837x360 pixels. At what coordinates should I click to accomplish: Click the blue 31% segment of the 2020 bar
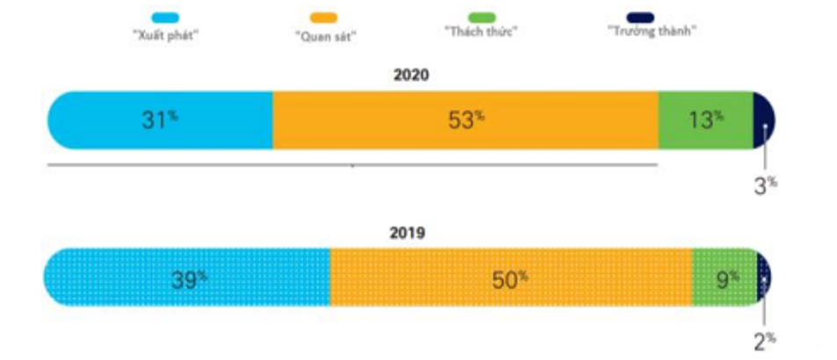[158, 120]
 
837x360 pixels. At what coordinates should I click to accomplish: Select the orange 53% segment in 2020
[465, 120]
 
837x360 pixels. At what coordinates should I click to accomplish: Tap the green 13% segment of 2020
[705, 120]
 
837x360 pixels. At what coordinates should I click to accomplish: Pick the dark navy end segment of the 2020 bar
[763, 120]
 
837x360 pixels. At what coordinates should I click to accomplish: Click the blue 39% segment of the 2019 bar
[186, 277]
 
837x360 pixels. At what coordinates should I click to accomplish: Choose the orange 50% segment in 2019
[510, 277]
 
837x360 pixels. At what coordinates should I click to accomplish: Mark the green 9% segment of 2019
[724, 277]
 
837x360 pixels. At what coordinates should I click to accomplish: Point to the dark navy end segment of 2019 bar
[764, 277]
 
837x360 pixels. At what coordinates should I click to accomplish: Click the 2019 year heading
[408, 234]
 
